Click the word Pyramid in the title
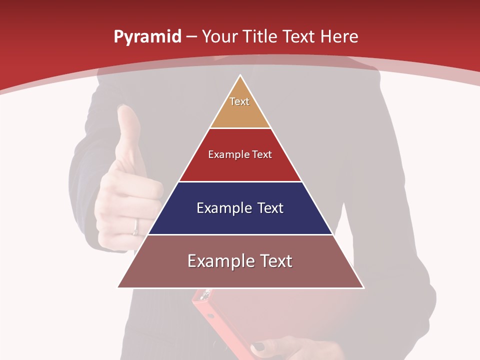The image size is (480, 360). click(147, 37)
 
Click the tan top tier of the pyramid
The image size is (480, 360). click(240, 112)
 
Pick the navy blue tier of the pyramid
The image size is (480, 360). click(240, 220)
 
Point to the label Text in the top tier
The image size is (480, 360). click(239, 101)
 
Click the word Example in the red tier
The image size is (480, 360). click(225, 154)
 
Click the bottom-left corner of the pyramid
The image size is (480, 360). click(118, 287)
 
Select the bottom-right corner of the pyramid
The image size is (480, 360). click(363, 287)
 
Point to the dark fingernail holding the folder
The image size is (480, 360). click(259, 346)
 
